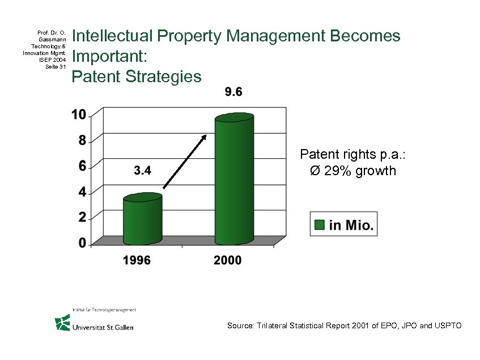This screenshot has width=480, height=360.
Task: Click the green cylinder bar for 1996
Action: coord(143,220)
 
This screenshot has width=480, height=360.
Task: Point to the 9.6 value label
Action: coord(233,92)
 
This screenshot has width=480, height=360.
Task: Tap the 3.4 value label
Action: coord(142,170)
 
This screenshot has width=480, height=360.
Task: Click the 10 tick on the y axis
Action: coord(79,115)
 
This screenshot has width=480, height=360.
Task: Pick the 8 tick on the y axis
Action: coord(82,140)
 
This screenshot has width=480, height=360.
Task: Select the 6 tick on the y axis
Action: coord(82,166)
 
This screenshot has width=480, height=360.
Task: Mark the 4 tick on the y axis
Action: coord(82,192)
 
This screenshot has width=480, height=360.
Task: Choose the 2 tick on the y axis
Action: coord(82,217)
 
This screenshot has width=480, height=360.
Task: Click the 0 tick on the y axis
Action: coord(82,243)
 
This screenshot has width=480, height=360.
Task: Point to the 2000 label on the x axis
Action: coord(227,260)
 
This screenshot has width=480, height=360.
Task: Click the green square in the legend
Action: coord(320,225)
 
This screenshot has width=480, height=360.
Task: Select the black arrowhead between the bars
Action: coord(203,137)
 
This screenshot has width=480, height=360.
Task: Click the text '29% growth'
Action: coord(360,171)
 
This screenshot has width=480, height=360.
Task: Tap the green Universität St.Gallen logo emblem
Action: coord(62,323)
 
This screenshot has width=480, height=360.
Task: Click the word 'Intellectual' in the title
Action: coord(113,36)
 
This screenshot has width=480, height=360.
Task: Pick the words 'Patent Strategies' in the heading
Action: coord(136,76)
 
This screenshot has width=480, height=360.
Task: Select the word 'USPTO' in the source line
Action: coord(448,325)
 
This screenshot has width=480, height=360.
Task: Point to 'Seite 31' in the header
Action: coord(56,66)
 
